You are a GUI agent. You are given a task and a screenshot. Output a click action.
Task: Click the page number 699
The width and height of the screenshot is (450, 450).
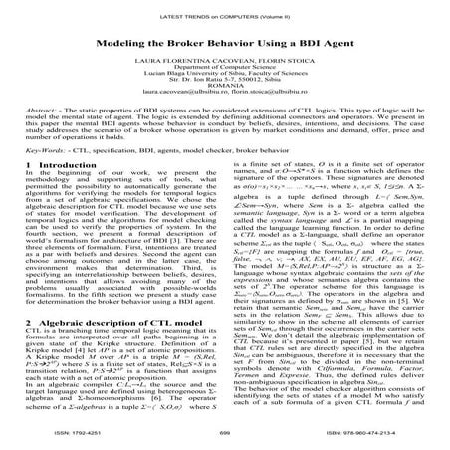point(225,434)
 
